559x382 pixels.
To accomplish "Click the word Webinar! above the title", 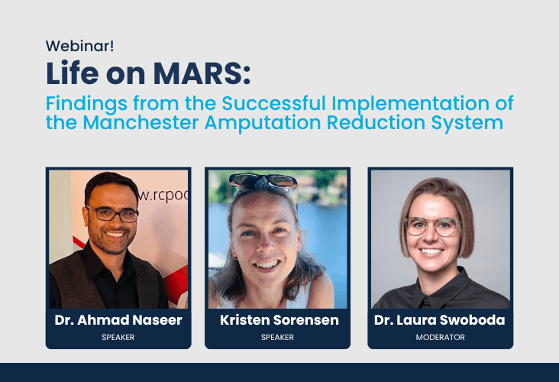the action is (80, 46).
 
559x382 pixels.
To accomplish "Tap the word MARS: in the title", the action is (202, 73).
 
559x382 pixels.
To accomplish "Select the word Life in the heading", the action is (73, 73).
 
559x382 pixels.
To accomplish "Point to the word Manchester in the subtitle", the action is (141, 122).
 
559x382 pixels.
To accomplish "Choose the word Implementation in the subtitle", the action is (410, 104).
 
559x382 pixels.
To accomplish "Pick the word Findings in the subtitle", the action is (86, 104).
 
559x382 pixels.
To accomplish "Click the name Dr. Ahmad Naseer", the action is (118, 320).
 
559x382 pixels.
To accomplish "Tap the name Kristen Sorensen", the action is (279, 320).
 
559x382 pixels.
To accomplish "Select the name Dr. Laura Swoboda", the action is (440, 320).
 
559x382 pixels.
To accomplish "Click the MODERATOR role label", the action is (441, 337).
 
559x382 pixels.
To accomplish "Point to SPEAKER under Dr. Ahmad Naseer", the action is (118, 337).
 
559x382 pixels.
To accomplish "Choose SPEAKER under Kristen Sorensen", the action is (277, 337).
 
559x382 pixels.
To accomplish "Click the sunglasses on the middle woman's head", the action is (263, 181).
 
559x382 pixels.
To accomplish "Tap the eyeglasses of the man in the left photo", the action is (112, 214).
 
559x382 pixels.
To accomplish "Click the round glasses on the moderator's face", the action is (431, 226).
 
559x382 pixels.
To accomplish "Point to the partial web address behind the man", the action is (163, 196).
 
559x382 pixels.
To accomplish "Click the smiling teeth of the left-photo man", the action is (115, 235).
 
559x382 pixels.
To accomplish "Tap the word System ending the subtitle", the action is (467, 123).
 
